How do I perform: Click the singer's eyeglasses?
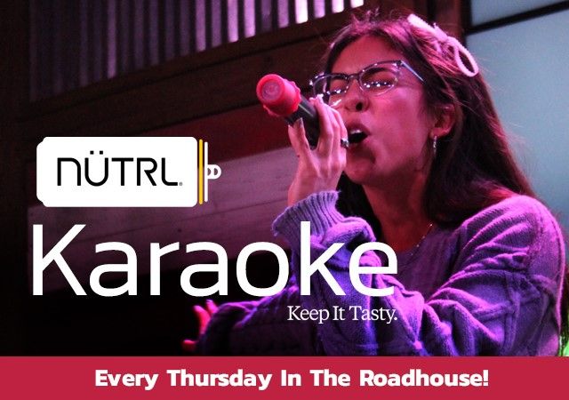tap(366, 79)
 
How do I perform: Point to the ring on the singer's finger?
tap(344, 142)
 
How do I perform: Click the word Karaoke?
tap(215, 260)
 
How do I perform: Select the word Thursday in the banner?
tap(220, 379)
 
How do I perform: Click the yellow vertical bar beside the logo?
tap(201, 172)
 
